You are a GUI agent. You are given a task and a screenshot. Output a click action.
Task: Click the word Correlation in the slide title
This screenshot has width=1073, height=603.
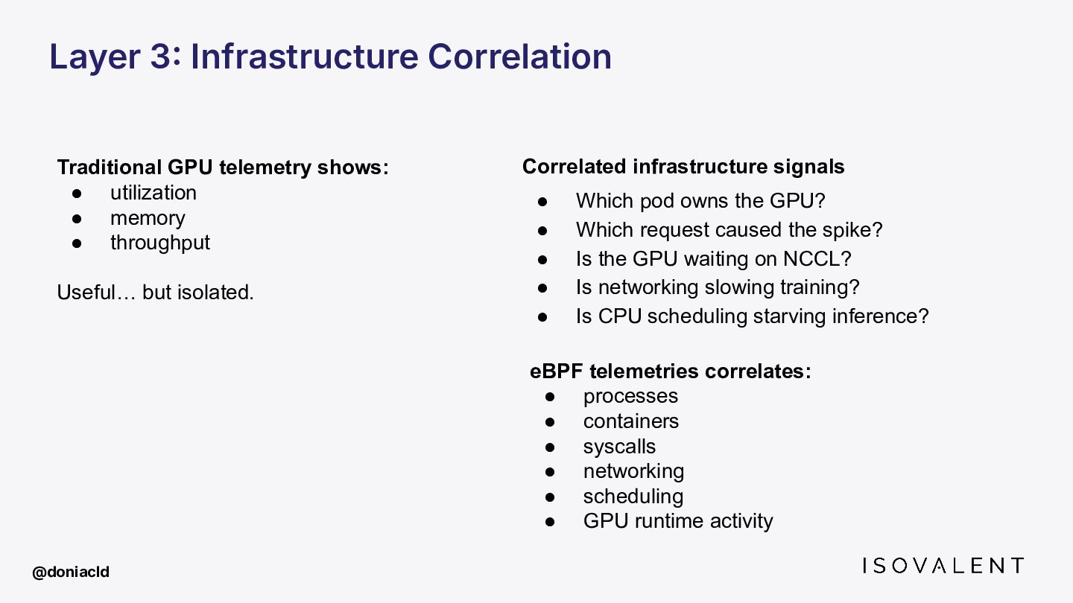pyautogui.click(x=520, y=57)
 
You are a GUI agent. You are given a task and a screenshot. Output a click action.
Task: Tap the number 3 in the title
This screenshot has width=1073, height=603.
pyautogui.click(x=160, y=57)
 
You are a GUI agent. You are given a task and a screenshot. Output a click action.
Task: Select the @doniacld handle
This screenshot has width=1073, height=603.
pyautogui.click(x=71, y=572)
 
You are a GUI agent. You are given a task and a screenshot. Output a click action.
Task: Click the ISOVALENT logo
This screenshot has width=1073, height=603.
pyautogui.click(x=943, y=566)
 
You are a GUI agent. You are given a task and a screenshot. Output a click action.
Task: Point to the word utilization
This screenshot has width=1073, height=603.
pyautogui.click(x=153, y=193)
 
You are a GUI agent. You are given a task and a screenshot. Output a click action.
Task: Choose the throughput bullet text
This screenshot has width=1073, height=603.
pyautogui.click(x=160, y=243)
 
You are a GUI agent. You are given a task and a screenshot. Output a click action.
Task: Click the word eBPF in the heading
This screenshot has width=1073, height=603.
pyautogui.click(x=556, y=371)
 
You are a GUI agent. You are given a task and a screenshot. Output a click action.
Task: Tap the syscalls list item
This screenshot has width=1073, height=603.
pyautogui.click(x=619, y=447)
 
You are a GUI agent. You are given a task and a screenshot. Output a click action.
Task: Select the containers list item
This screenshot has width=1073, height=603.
pyautogui.click(x=631, y=421)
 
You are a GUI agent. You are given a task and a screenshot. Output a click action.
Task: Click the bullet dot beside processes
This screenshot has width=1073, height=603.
pyautogui.click(x=550, y=397)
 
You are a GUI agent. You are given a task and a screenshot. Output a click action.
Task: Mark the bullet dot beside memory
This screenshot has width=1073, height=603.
pyautogui.click(x=77, y=219)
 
